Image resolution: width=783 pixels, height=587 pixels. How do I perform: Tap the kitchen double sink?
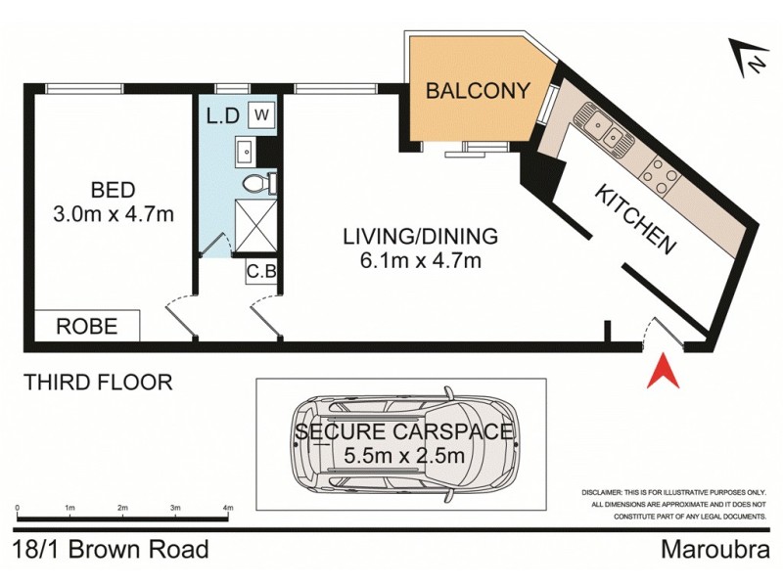point(603,130)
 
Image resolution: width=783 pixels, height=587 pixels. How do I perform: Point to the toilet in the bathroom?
point(256,183)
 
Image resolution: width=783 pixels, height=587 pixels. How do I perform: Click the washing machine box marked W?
point(261,114)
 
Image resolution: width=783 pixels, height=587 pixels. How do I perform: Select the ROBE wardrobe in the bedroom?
point(87,326)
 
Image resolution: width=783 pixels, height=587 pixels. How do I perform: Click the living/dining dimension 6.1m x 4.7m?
point(420,260)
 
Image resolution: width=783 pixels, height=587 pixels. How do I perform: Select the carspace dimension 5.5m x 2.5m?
point(405,455)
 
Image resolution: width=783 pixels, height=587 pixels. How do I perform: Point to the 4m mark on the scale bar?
point(228,509)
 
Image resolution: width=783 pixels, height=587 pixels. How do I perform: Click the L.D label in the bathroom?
point(222,115)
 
